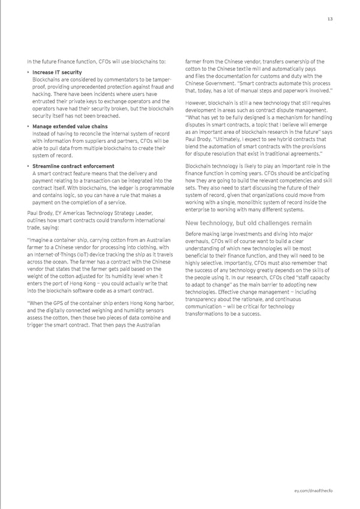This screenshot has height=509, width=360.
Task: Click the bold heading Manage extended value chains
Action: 70,127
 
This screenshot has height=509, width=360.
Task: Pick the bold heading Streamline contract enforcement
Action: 73,166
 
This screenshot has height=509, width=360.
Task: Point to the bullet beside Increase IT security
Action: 28,73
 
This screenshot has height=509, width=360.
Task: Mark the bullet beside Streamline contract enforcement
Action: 28,166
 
